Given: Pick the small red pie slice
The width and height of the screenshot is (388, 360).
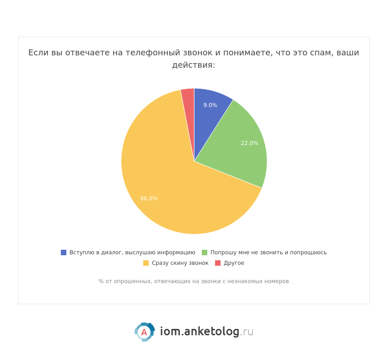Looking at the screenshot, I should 188,98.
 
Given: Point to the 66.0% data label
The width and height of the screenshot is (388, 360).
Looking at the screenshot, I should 149,199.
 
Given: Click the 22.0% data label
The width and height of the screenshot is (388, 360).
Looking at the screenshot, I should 249,143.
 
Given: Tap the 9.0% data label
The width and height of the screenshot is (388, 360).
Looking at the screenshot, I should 210,105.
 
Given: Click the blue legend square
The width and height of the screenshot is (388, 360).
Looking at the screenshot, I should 64,253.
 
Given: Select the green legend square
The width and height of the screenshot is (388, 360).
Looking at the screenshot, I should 205,253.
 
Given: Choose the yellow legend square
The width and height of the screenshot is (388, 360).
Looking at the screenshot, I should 146,263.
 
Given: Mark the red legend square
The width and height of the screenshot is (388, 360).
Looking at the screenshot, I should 218,263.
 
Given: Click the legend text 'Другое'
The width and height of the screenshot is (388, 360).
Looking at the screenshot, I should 234,263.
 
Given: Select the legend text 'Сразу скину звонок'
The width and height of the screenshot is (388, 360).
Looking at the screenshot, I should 180,263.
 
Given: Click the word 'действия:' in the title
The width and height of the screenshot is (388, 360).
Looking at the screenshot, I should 194,65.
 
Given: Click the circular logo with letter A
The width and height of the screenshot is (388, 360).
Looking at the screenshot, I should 145,332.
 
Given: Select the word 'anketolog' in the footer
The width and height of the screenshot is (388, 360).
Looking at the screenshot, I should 211,332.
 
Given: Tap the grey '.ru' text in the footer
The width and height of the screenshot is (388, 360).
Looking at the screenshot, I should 247,332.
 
